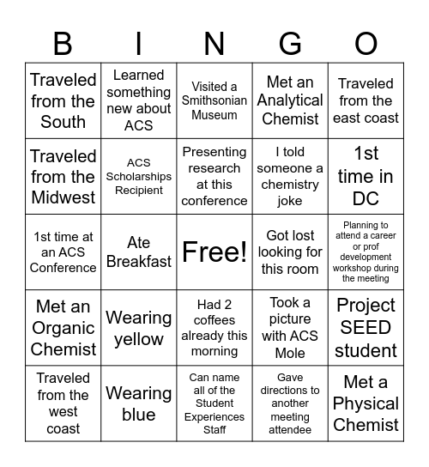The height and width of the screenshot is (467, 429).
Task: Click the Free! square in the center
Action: (x=214, y=252)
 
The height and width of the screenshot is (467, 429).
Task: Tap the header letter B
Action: (x=63, y=43)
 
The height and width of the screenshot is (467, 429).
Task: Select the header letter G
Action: (x=290, y=43)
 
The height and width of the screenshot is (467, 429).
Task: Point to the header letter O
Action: (x=366, y=43)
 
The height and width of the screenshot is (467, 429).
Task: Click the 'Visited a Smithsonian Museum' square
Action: (x=214, y=100)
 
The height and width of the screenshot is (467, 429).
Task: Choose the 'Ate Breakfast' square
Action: (x=138, y=252)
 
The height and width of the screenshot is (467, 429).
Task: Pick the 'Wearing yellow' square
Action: (x=138, y=328)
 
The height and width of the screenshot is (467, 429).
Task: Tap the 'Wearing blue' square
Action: (x=138, y=403)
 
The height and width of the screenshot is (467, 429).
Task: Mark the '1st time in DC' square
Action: (x=366, y=176)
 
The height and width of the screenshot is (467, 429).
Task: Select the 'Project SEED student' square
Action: (x=366, y=328)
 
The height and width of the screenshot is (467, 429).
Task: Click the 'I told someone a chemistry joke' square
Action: (x=290, y=176)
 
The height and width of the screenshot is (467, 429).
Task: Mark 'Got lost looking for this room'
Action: (x=290, y=252)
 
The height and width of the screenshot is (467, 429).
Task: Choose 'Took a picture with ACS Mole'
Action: (x=290, y=328)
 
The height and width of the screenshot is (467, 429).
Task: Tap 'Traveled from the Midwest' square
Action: (x=63, y=176)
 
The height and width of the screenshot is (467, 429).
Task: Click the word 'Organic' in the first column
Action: (x=63, y=328)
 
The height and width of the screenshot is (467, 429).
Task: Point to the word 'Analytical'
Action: (x=290, y=100)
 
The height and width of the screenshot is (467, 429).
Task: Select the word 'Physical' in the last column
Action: (x=366, y=403)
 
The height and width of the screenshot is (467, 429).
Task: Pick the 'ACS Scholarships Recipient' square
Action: (x=138, y=176)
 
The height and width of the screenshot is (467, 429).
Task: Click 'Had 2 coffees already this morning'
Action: (x=214, y=328)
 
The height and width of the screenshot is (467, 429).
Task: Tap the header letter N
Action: (x=214, y=43)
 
